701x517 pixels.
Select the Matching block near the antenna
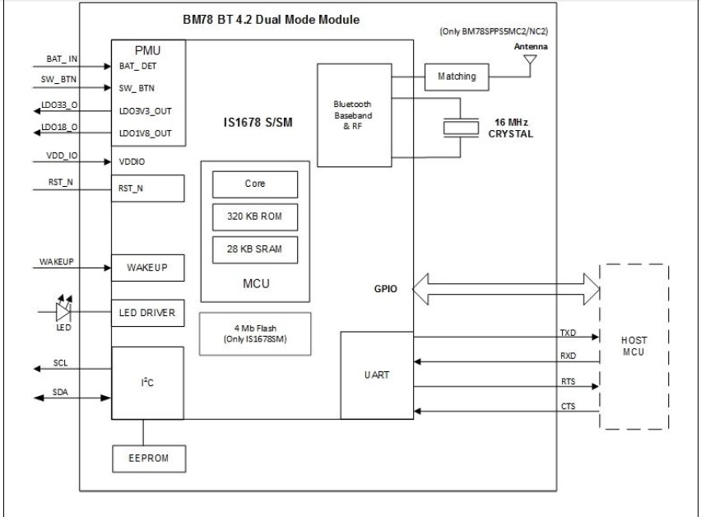[457, 77]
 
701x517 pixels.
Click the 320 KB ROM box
[254, 216]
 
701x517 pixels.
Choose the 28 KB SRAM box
[254, 248]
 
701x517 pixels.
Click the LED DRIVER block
[146, 313]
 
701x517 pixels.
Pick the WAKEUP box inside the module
[146, 268]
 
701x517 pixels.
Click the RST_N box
[146, 188]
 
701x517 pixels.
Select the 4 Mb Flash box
[254, 333]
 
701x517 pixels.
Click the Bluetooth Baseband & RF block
[355, 117]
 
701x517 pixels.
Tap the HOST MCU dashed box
[634, 346]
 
